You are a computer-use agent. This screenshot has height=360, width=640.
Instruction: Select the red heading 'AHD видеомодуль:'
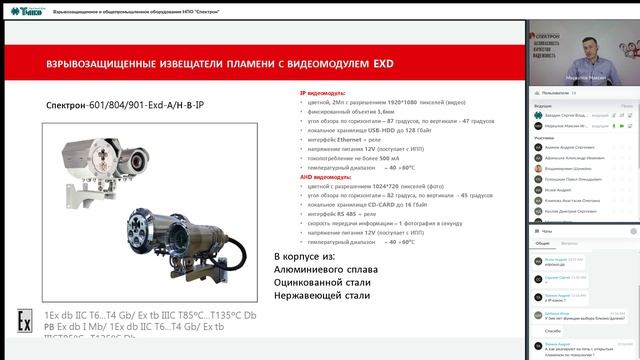coord(329,176)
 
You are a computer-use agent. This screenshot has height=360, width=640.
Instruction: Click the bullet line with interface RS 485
coord(346,214)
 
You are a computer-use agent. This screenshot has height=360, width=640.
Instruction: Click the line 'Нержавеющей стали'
coord(322,295)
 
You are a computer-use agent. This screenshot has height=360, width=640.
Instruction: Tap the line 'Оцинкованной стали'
coord(322,282)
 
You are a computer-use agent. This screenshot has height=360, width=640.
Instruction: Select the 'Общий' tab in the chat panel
coord(542,243)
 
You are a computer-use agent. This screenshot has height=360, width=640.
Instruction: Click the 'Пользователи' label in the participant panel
coord(560,91)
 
